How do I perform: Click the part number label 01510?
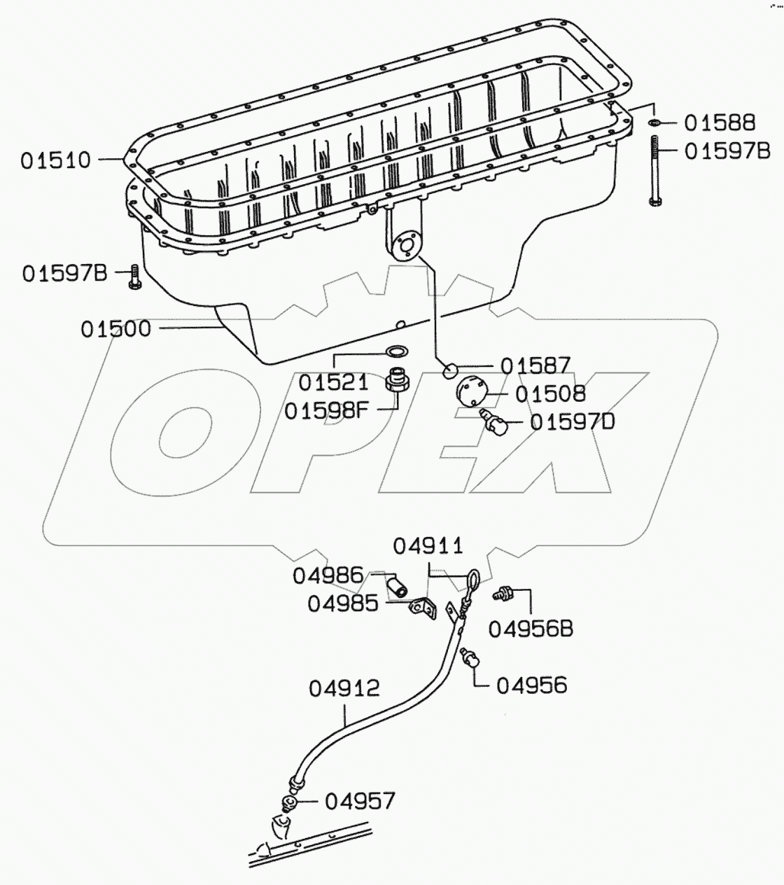tap(55, 160)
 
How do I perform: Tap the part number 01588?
tap(720, 123)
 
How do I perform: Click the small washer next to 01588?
tap(652, 124)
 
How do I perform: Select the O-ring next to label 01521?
tap(397, 351)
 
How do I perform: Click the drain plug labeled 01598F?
tap(397, 381)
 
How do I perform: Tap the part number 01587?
tap(535, 365)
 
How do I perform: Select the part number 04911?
tap(427, 545)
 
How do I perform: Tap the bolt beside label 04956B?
tap(505, 594)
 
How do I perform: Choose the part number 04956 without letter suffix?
tap(531, 685)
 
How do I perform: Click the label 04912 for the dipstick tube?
tap(344, 688)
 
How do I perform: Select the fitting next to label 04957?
tap(288, 802)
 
